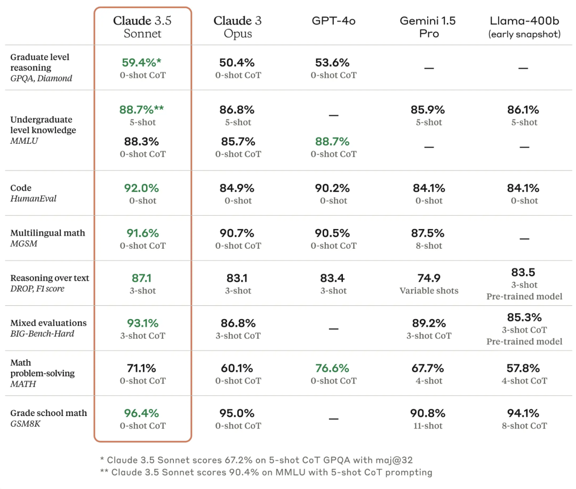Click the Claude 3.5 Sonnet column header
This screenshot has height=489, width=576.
coord(142,27)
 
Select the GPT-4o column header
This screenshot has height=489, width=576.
coord(333,21)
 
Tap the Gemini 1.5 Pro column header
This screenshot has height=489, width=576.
coord(429,27)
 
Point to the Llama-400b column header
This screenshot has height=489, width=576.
coord(524,27)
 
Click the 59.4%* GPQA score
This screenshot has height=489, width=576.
coord(142,62)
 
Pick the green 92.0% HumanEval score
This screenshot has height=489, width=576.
coord(142,188)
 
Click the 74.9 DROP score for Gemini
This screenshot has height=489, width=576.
coord(429,278)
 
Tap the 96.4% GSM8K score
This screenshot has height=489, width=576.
coord(142,413)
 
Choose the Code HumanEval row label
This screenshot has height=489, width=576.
coord(33,193)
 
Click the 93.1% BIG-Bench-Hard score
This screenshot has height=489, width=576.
coord(142,323)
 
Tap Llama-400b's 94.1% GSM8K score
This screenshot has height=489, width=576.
coord(524,413)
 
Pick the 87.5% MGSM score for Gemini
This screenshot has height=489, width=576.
coord(429,233)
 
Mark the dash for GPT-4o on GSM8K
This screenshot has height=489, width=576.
coord(333,419)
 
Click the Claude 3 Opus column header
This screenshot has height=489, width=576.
coord(238,27)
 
